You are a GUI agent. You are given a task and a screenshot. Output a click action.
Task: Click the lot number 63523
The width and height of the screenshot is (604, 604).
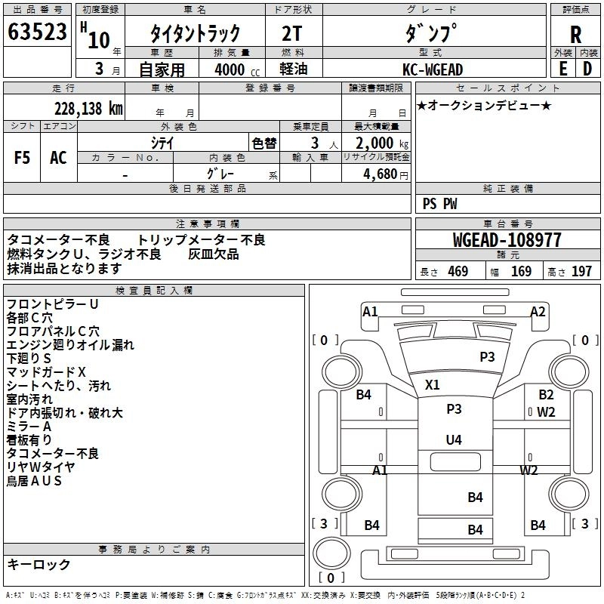coord(37,32)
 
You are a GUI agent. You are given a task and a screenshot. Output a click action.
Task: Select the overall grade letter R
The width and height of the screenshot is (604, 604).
coord(575,35)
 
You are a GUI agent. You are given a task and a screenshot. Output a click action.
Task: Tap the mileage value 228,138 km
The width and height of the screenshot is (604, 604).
coord(88,109)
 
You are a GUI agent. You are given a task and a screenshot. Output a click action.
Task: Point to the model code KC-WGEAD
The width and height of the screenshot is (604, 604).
coord(433,69)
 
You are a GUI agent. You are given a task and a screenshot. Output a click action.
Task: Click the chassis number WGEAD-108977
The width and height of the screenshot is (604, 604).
coord(507,240)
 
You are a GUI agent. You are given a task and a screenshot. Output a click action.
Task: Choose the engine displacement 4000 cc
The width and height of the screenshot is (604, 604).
coord(237,69)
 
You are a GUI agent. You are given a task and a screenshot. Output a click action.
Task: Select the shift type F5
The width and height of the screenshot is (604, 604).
coord(22,158)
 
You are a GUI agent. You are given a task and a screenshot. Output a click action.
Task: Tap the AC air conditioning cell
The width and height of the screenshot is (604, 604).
coord(58,158)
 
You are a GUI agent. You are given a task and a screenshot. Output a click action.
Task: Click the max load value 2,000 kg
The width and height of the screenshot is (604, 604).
coord(382,143)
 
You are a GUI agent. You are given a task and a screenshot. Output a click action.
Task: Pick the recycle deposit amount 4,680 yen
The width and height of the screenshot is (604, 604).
coord(386,174)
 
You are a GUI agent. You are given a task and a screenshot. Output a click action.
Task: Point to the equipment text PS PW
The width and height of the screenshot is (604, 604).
coord(439,204)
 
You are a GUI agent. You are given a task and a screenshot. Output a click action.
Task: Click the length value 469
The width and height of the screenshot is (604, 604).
coord(458,271)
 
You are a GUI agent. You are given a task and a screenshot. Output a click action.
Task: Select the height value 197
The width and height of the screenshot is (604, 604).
coord(581,271)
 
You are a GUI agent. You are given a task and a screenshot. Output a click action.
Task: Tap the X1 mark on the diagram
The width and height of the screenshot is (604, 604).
coord(432,384)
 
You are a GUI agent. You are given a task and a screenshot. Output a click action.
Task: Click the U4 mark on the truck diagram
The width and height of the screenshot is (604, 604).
coord(454,439)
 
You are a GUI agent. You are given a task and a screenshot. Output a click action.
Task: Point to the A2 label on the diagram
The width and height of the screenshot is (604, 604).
coord(538,311)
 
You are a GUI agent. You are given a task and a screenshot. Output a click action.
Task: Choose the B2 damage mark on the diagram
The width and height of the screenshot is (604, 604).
coord(546,394)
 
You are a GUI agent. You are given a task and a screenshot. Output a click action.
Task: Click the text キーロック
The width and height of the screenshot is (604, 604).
coord(39,564)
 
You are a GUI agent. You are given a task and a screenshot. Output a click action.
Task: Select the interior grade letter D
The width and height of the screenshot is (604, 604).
coord(587,69)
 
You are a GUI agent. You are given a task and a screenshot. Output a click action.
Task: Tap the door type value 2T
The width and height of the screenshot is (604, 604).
coord(292,33)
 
